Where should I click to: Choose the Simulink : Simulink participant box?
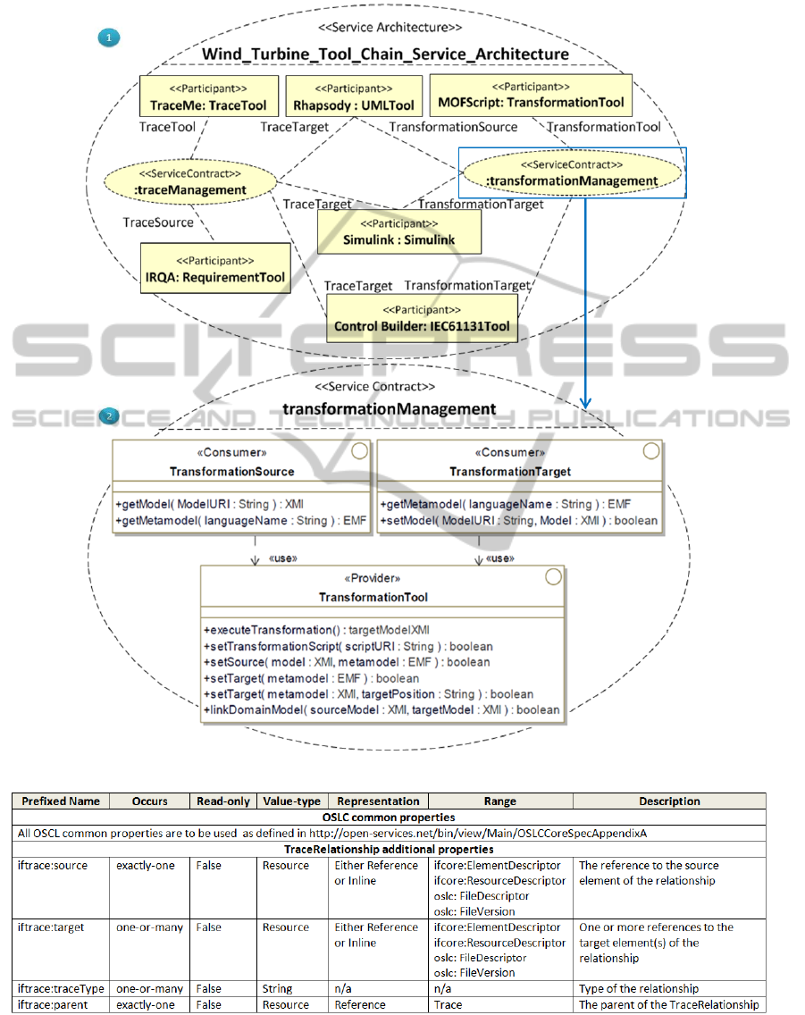[398, 232]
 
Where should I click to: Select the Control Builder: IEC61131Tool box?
[423, 319]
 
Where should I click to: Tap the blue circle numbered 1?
[107, 38]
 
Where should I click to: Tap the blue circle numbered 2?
[107, 415]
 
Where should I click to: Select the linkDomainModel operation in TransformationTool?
[382, 710]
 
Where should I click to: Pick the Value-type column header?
[291, 801]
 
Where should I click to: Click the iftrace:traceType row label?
[61, 989]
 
